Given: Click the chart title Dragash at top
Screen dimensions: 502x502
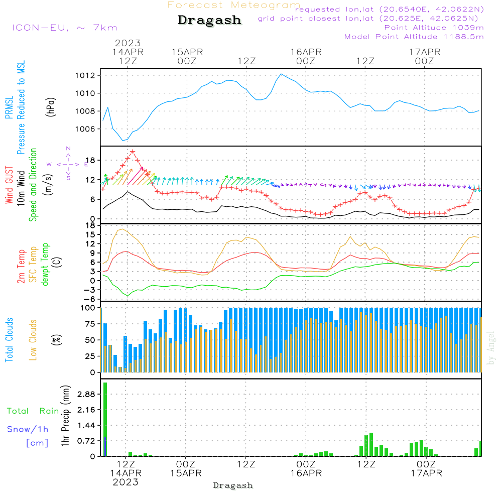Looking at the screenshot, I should click(x=209, y=21).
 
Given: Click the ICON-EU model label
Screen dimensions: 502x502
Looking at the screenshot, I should click(x=64, y=28).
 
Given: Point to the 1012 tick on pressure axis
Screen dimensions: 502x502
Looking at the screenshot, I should click(x=86, y=75).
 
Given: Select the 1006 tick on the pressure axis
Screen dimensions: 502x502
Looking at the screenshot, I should click(x=86, y=129).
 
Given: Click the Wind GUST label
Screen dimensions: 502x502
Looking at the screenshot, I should click(x=9, y=184).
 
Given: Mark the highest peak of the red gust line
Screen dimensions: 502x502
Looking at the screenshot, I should click(x=133, y=151).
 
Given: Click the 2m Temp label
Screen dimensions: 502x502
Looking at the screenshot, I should click(x=21, y=265).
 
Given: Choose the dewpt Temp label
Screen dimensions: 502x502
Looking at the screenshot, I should click(x=45, y=265).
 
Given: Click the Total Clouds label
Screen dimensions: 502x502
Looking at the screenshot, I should click(x=9, y=340).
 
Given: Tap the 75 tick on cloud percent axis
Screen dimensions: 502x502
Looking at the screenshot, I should click(x=89, y=324).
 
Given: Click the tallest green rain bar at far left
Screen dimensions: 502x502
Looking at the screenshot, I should click(x=105, y=419).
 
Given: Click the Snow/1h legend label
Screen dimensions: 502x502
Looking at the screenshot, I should click(x=28, y=429).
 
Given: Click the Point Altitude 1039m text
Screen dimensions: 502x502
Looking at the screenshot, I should click(x=434, y=28).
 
